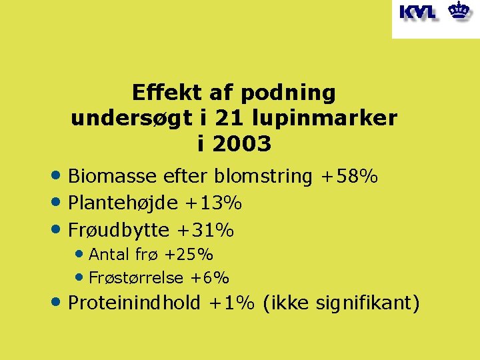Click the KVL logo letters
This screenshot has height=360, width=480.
tap(418, 12)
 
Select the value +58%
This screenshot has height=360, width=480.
tap(349, 177)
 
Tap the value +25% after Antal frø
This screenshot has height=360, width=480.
tap(189, 254)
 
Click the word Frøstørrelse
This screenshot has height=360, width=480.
tap(137, 277)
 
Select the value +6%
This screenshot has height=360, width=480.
tap(210, 277)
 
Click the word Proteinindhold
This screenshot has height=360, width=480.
tap(134, 303)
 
